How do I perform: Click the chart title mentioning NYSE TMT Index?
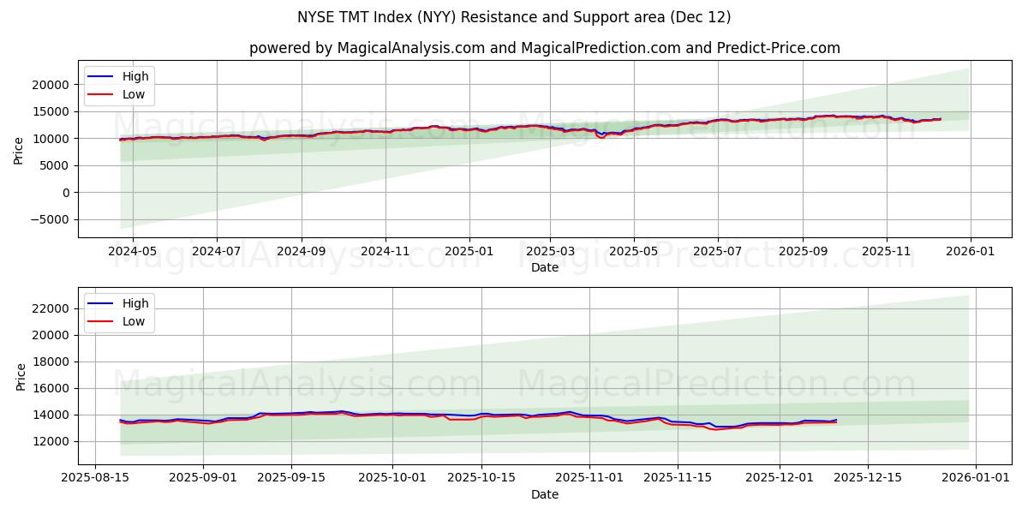click(514, 17)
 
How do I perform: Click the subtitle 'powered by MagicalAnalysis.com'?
click(545, 48)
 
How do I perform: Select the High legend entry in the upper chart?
click(134, 76)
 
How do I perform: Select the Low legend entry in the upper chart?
click(133, 94)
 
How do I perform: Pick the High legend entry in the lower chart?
click(134, 303)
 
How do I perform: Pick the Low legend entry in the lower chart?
click(133, 321)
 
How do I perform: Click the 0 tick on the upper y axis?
click(65, 193)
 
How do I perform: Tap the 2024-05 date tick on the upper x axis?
click(134, 252)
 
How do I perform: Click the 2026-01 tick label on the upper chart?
click(970, 252)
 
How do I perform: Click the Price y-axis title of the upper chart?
click(19, 151)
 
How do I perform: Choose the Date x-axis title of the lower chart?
click(545, 494)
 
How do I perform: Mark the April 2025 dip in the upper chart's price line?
click(601, 136)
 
